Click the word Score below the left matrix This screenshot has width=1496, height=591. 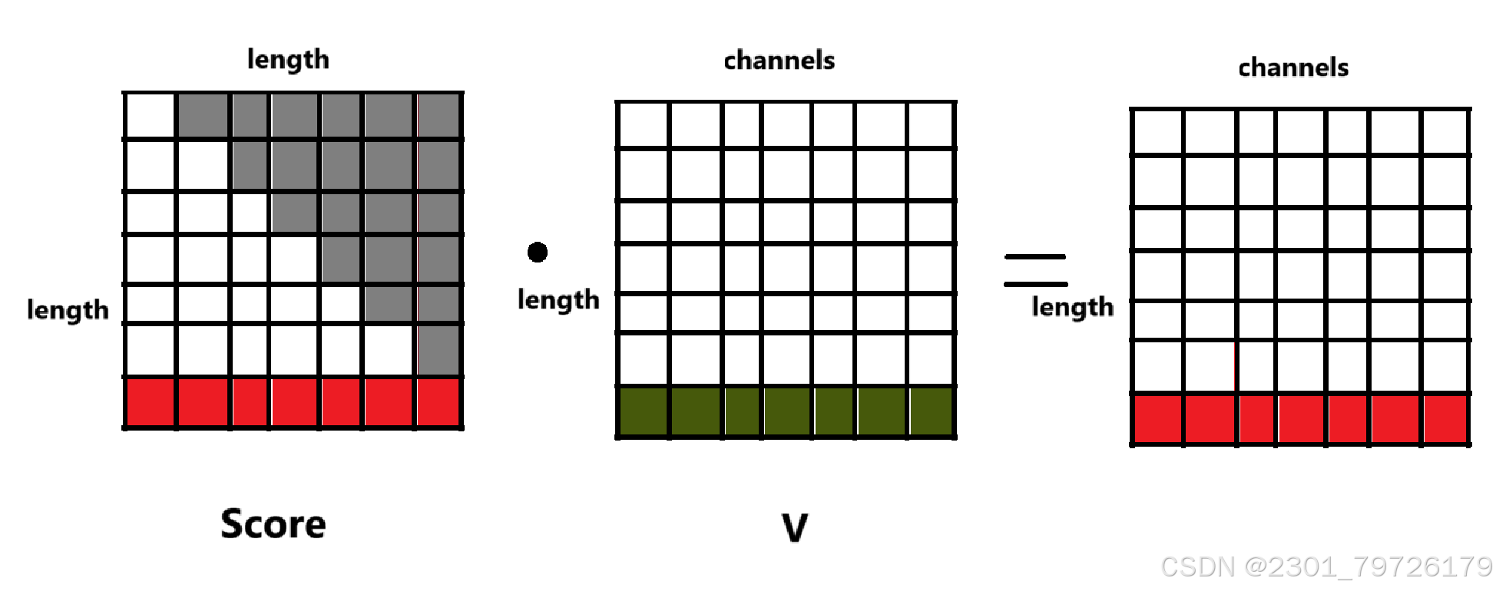pos(273,524)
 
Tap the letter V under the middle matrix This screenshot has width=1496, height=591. pos(795,528)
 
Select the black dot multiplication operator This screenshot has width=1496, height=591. pos(538,252)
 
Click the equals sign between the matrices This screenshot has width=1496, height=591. pos(1035,270)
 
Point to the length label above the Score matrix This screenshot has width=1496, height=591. pos(288,60)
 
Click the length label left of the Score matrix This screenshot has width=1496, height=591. pos(68,310)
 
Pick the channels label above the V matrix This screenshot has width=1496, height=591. pos(779,61)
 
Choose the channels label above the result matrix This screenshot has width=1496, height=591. pos(1293,68)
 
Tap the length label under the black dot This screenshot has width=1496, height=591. pos(558,300)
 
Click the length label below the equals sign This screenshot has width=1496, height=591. pos(1072,307)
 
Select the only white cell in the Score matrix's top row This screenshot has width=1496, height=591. pos(151,116)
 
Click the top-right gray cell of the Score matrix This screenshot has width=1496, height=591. pos(439,116)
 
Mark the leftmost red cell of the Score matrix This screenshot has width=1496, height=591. pos(151,402)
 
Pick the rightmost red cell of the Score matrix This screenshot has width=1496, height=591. pos(439,402)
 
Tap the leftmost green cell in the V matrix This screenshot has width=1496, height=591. pos(644,411)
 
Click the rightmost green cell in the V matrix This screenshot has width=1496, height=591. pos(931,411)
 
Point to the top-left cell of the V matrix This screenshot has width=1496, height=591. pos(644,125)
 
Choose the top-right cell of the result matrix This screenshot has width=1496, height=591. pos(1445,132)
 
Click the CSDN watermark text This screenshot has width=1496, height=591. pos(1326,567)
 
